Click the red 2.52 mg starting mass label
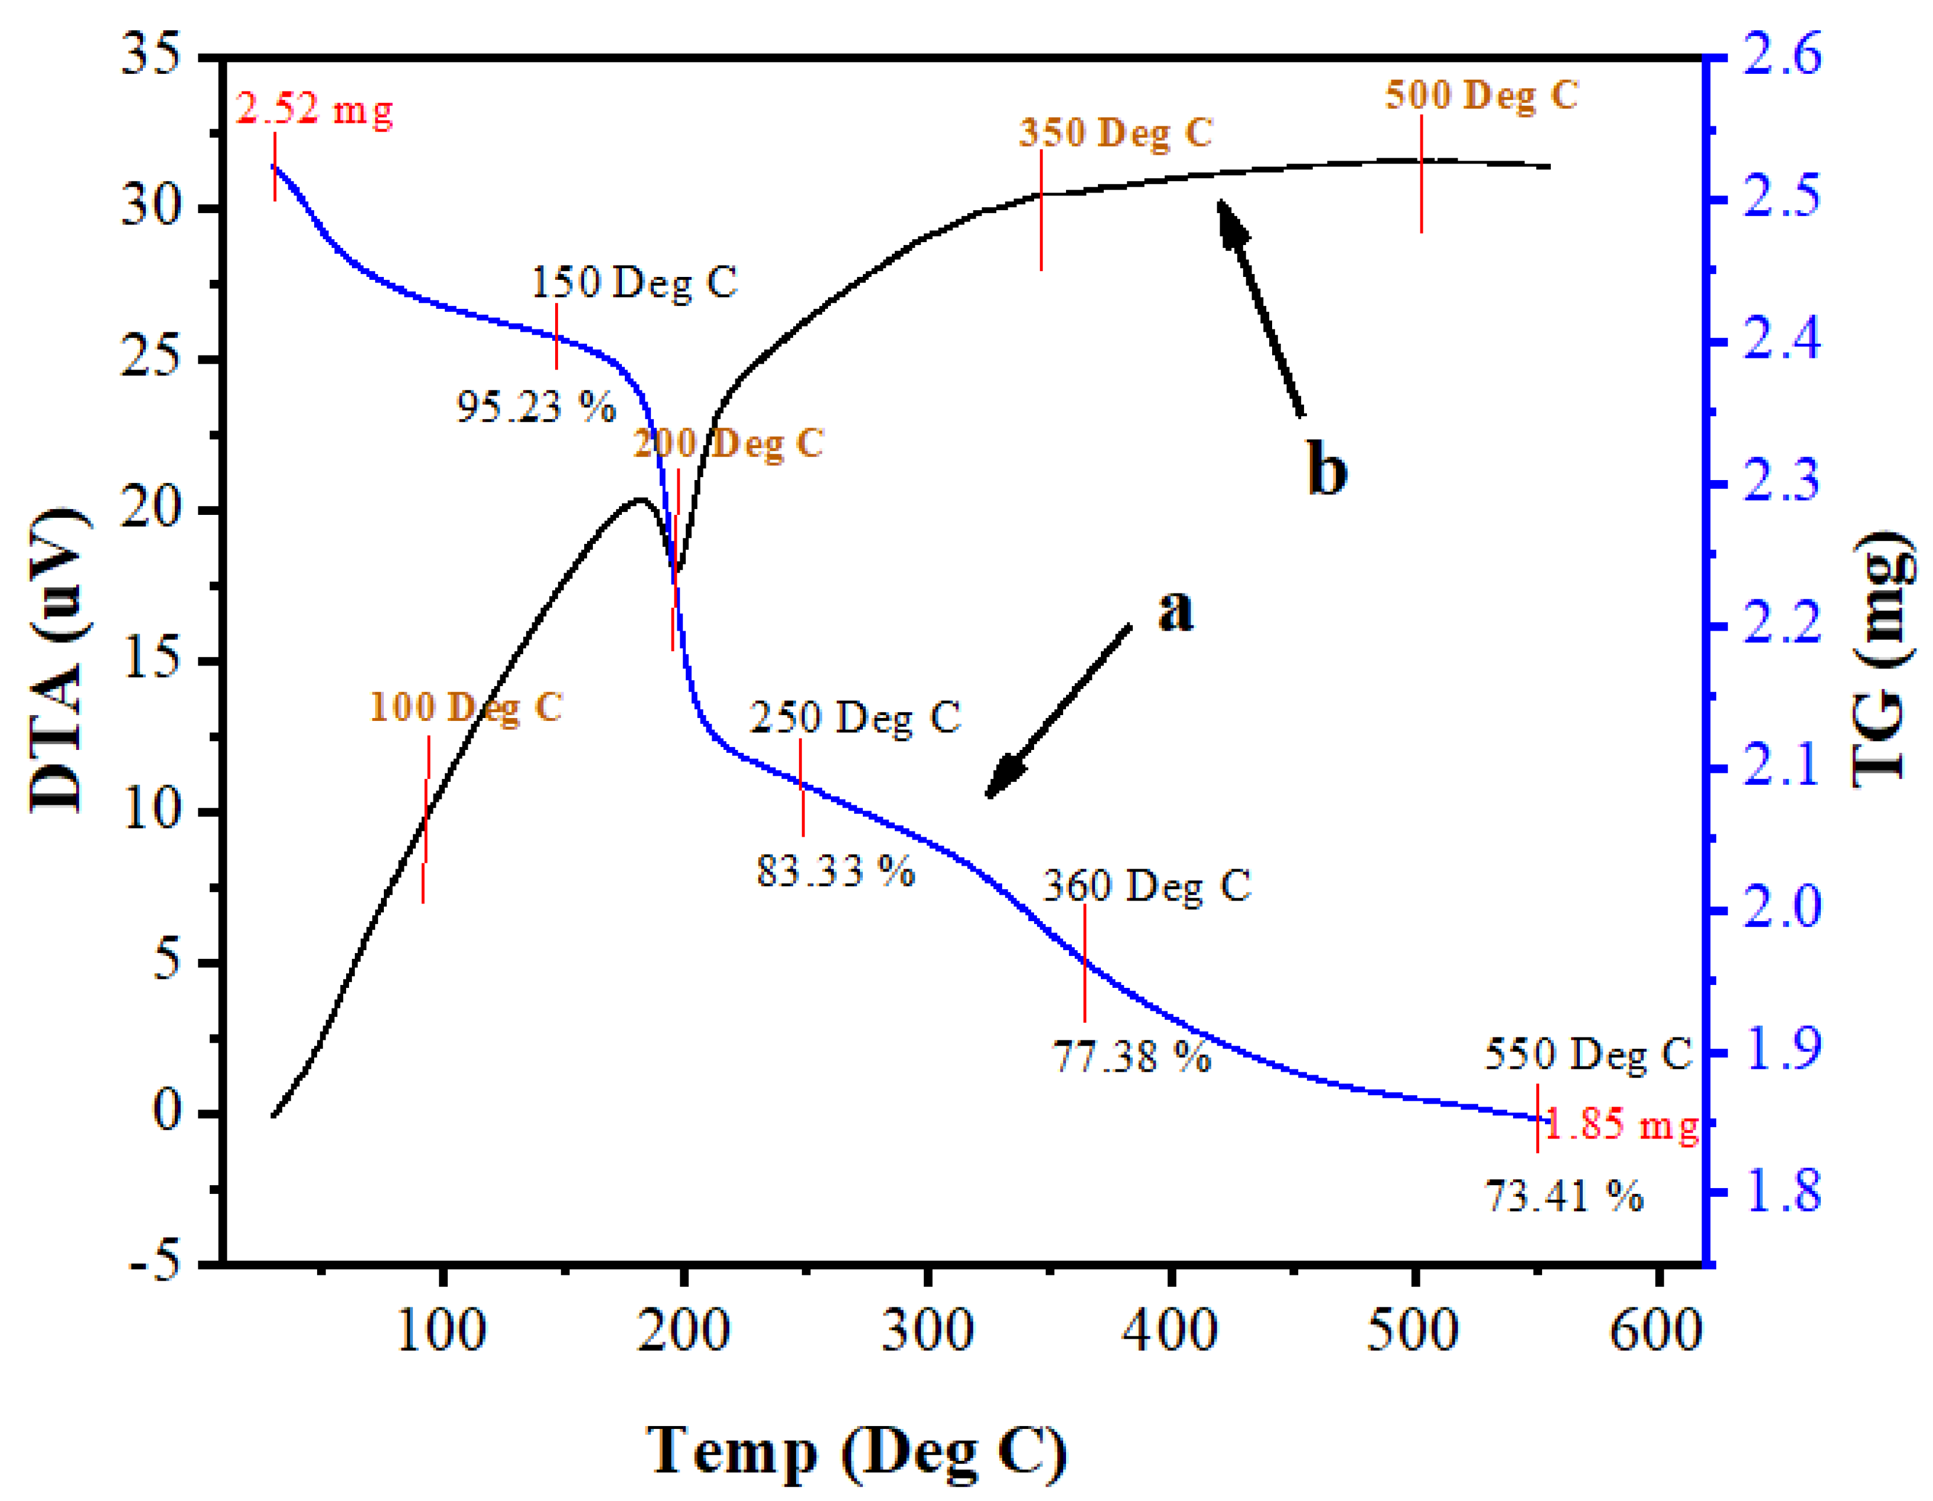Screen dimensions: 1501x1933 (x=314, y=110)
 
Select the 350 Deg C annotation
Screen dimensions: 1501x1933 (x=1115, y=133)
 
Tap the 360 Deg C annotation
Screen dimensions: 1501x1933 (x=1147, y=886)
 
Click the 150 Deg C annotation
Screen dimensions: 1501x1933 (x=634, y=282)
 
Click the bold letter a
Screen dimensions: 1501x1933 (x=1175, y=611)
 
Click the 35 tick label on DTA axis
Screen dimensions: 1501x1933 (x=151, y=55)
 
